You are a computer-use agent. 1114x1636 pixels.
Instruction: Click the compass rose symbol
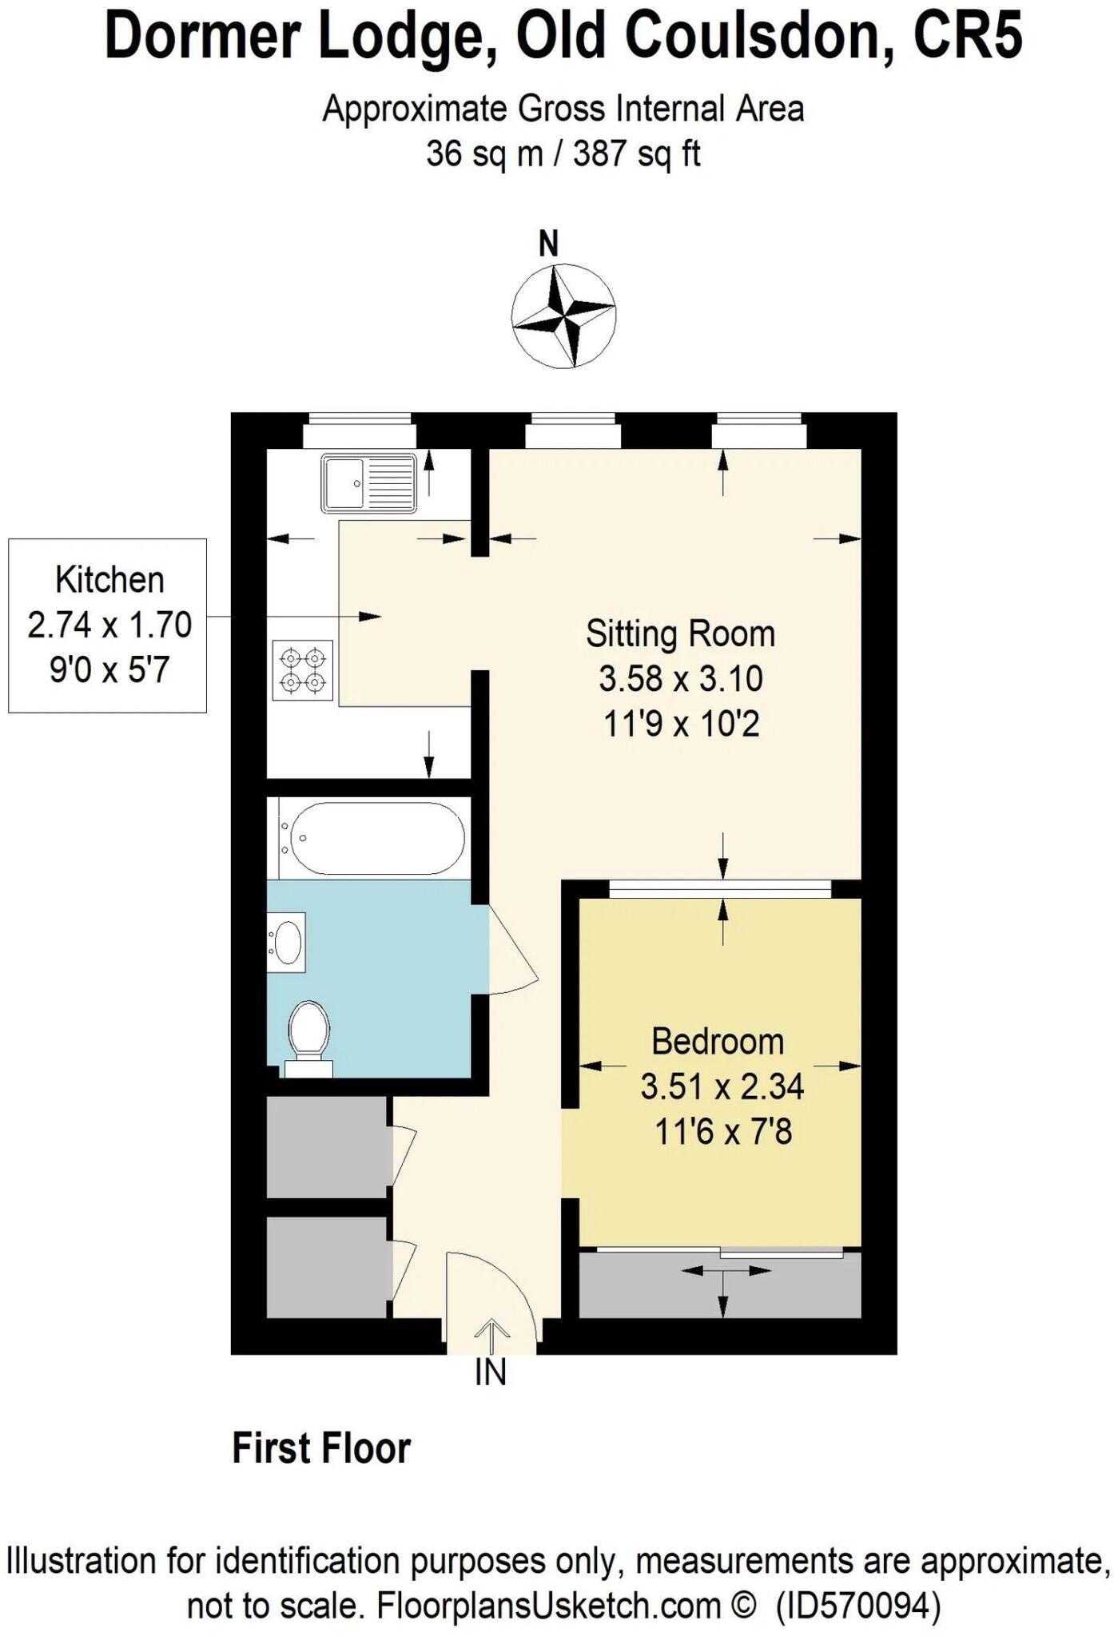click(563, 316)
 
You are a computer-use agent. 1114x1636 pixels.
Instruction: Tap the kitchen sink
click(368, 483)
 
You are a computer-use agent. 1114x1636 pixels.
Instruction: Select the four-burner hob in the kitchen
click(303, 670)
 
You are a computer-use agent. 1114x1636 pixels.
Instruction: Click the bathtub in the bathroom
click(372, 838)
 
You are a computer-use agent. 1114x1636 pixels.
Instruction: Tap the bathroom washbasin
click(286, 942)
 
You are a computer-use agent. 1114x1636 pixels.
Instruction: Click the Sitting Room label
click(680, 634)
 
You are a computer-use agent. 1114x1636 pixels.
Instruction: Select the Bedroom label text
click(718, 1042)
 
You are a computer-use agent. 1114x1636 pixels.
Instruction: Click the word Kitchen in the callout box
click(109, 580)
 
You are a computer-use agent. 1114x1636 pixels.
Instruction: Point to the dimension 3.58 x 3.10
click(680, 679)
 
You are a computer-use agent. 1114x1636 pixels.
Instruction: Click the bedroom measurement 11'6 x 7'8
click(722, 1132)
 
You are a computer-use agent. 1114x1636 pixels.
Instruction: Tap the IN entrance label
click(491, 1372)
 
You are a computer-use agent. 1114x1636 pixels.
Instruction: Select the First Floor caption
click(321, 1449)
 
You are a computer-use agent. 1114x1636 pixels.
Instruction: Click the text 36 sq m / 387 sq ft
click(563, 153)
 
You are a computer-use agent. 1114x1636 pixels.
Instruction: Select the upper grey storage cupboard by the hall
click(327, 1147)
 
